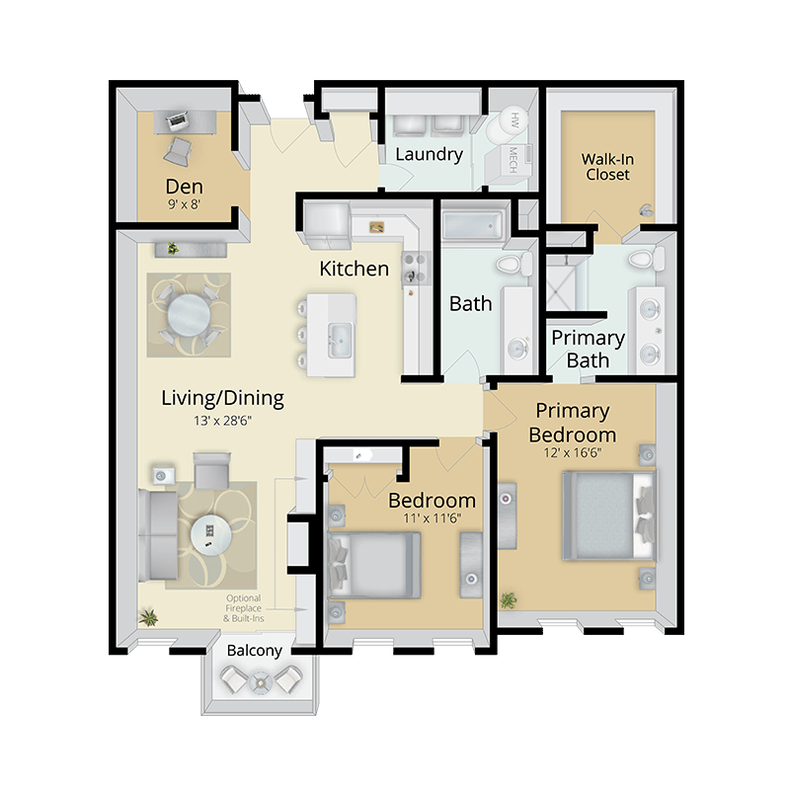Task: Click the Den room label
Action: click(x=185, y=187)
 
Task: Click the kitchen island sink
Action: click(x=340, y=341)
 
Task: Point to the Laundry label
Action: click(x=429, y=154)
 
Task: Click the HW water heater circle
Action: click(x=513, y=120)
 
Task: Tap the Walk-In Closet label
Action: click(x=607, y=167)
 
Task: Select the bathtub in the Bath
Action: click(x=473, y=226)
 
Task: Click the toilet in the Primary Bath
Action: click(x=646, y=259)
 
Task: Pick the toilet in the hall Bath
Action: click(x=513, y=264)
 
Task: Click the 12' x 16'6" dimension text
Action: click(x=573, y=453)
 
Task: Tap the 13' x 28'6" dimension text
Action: click(x=222, y=421)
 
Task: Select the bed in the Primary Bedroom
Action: click(x=609, y=514)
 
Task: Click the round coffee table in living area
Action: click(x=210, y=534)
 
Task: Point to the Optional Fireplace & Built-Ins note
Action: click(x=244, y=608)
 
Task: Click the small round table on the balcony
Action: click(x=261, y=682)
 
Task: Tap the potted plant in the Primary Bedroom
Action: click(x=509, y=600)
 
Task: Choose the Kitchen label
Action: click(x=355, y=269)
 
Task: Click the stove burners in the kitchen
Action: click(x=415, y=268)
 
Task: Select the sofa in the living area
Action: click(x=157, y=534)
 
